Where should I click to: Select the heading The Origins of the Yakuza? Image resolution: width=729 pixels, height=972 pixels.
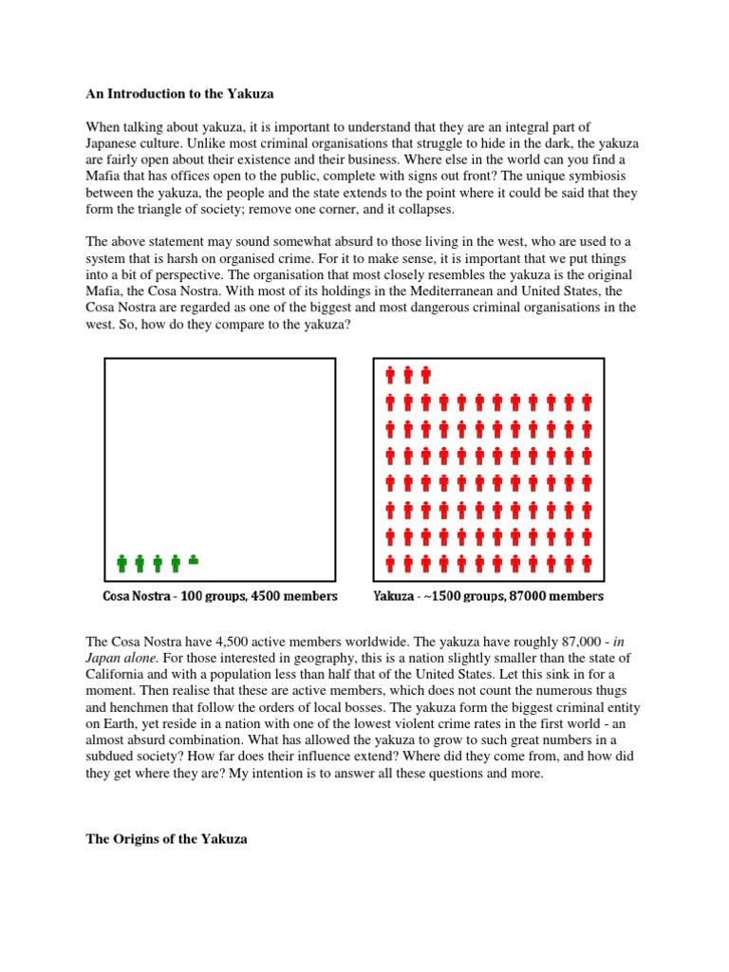click(166, 839)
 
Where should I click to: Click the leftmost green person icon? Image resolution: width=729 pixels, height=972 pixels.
click(121, 563)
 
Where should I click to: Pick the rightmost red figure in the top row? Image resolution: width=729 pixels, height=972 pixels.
click(425, 374)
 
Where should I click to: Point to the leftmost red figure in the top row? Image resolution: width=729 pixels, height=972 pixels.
click(389, 374)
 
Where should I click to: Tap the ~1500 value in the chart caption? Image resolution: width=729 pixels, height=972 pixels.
click(438, 596)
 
